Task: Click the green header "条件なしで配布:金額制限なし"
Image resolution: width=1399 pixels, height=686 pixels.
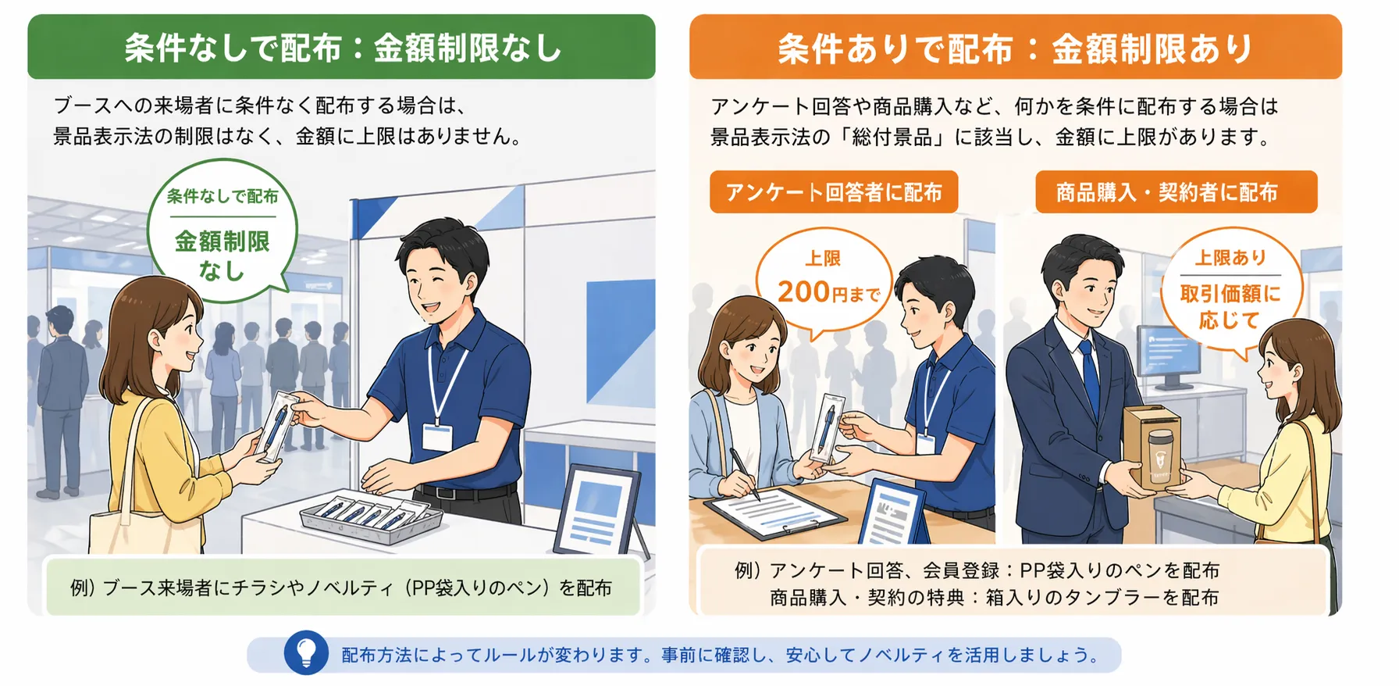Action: pos(342,48)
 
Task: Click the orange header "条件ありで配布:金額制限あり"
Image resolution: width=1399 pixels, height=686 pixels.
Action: pos(1015,48)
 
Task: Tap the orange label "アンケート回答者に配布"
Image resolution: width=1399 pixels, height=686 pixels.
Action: pos(833,192)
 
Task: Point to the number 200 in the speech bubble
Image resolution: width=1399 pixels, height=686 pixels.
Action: pos(803,292)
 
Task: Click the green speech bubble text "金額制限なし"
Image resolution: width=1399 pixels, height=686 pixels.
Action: pos(222,255)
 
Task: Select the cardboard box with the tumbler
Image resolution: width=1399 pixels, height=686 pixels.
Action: pos(1152,445)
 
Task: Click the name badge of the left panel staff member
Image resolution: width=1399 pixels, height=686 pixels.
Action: pos(437,436)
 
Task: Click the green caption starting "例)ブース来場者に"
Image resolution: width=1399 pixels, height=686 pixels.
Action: pos(342,588)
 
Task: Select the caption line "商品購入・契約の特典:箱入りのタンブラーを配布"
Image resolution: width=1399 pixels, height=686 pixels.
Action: pos(993,598)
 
